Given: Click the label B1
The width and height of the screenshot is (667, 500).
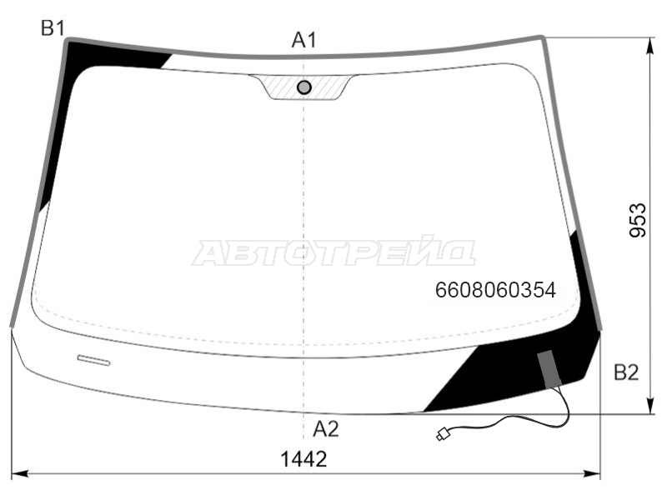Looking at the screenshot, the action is pyautogui.click(x=53, y=28).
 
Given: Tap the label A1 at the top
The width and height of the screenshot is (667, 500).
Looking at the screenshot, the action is pyautogui.click(x=304, y=40).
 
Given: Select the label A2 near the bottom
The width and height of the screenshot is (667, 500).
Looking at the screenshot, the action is pyautogui.click(x=326, y=429).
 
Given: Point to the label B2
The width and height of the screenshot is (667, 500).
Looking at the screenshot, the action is pyautogui.click(x=626, y=372).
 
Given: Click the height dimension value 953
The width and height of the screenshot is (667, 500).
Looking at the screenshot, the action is pyautogui.click(x=638, y=220).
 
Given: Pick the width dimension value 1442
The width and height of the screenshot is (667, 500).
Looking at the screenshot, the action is pyautogui.click(x=303, y=459).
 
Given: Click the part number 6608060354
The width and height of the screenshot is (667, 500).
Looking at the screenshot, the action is pyautogui.click(x=495, y=290).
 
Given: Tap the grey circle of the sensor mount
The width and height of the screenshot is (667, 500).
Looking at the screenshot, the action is pyautogui.click(x=303, y=87).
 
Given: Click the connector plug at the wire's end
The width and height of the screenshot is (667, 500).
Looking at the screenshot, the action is pyautogui.click(x=443, y=434).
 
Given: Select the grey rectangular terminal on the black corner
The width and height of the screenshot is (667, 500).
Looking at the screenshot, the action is pyautogui.click(x=549, y=369).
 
